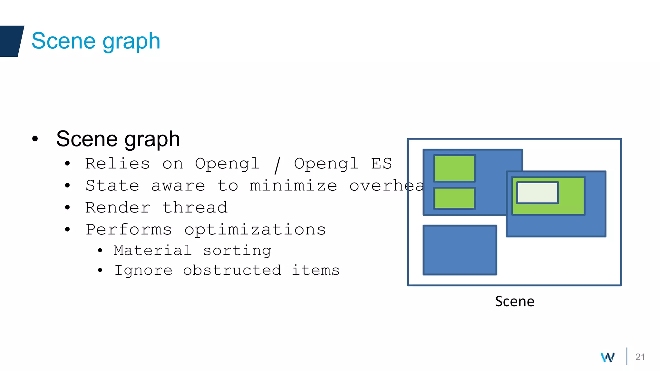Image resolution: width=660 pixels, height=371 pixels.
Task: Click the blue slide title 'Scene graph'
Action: pyautogui.click(x=96, y=41)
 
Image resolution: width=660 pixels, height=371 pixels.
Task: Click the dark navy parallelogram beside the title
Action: pyautogui.click(x=11, y=41)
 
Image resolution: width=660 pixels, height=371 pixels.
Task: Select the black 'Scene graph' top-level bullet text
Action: pyautogui.click(x=118, y=139)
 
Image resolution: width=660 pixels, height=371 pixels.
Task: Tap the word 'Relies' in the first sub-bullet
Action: pyautogui.click(x=118, y=164)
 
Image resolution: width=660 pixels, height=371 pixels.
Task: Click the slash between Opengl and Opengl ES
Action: pyautogui.click(x=277, y=165)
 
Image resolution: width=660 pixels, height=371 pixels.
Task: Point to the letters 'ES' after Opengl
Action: pyautogui.click(x=381, y=164)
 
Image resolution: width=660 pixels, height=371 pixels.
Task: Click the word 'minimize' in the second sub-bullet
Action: pyautogui.click(x=293, y=186)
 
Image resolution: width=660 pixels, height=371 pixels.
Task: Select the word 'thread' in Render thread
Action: pyautogui.click(x=195, y=208)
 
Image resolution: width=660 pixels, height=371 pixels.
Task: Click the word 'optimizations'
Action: pyautogui.click(x=255, y=230)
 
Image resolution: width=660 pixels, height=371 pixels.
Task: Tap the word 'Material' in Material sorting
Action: pyautogui.click(x=152, y=251)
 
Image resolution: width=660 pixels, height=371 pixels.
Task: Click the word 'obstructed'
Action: pyautogui.click(x=232, y=270)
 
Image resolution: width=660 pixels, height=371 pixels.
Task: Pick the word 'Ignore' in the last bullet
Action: pyautogui.click(x=144, y=270)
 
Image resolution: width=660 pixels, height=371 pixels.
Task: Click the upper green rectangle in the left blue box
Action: pyautogui.click(x=454, y=168)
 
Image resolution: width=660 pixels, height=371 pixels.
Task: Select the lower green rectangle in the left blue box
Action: pyautogui.click(x=454, y=198)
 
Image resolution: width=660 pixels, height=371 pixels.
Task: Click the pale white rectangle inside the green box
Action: pyautogui.click(x=537, y=193)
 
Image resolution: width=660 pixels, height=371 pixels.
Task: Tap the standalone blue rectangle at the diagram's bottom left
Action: pyautogui.click(x=460, y=250)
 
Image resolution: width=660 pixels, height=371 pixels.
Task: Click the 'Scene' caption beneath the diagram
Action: pyautogui.click(x=514, y=301)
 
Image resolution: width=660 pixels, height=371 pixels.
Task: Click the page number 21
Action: pyautogui.click(x=640, y=357)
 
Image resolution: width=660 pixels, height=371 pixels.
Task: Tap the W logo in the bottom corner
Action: pyautogui.click(x=607, y=357)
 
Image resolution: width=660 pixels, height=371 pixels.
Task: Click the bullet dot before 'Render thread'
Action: pyautogui.click(x=67, y=208)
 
